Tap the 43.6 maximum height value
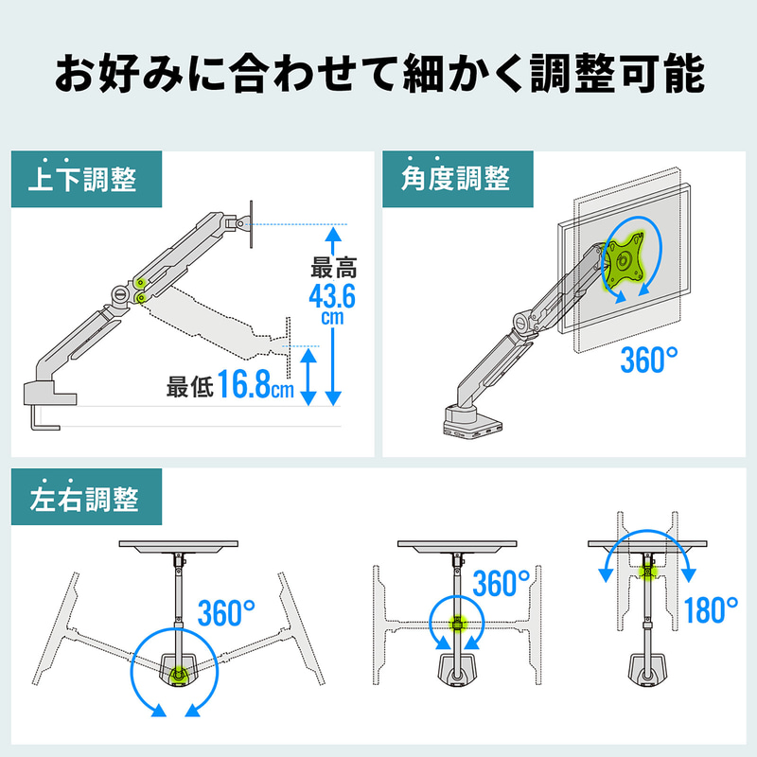[x=332, y=296]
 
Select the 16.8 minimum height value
[x=243, y=384]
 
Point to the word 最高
[x=334, y=268]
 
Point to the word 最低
[x=190, y=387]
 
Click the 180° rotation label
[x=712, y=610]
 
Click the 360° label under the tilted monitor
[x=648, y=360]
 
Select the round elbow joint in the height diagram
[x=120, y=295]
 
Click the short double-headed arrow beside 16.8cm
[x=308, y=377]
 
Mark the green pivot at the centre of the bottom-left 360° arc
[x=179, y=672]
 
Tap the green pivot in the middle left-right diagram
[x=456, y=623]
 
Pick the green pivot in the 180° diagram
[x=646, y=572]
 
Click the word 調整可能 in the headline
[x=618, y=74]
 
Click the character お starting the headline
[x=75, y=74]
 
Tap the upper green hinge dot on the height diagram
[x=140, y=282]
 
